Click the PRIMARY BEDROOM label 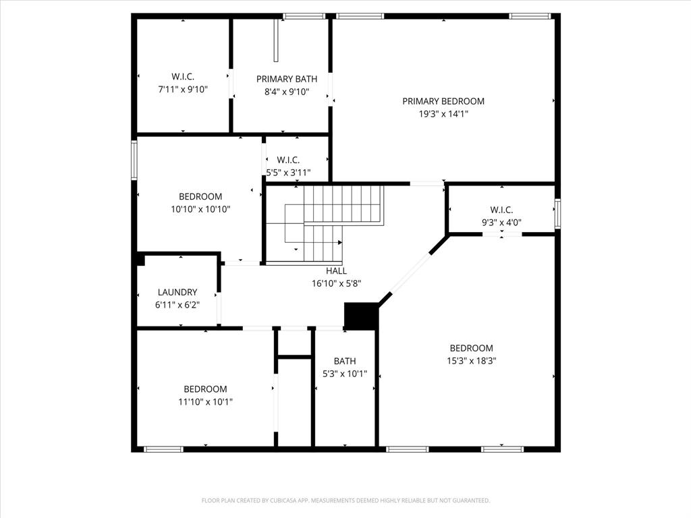(x=443, y=101)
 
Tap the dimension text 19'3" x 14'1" (x=443, y=114)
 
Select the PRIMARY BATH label (x=287, y=79)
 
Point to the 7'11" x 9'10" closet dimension (x=182, y=89)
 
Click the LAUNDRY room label (x=177, y=292)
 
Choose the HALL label (x=336, y=271)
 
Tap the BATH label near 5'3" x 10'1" (x=344, y=361)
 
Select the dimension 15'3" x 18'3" (x=471, y=361)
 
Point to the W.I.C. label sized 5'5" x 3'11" (x=289, y=160)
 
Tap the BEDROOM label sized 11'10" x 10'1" (x=205, y=389)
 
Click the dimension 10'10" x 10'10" (x=200, y=209)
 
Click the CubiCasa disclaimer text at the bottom (x=345, y=500)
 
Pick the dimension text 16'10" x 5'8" (x=336, y=284)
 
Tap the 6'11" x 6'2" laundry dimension (x=177, y=305)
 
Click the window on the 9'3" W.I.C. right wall (x=557, y=213)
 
